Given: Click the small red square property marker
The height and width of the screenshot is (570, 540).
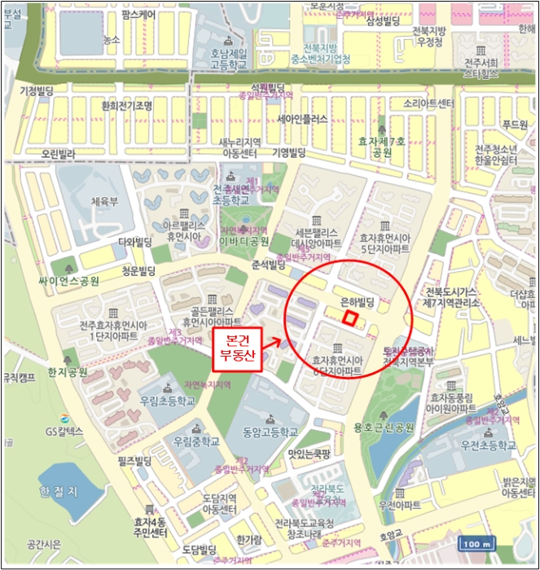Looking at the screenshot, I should tap(349, 319).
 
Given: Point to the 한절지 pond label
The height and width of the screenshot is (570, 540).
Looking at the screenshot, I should tap(59, 491).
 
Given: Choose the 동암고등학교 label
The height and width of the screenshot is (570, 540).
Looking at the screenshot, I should tap(270, 432).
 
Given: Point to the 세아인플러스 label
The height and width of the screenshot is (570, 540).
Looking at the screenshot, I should tap(301, 119).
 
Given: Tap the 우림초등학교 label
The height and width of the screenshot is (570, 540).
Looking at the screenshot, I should tap(167, 401).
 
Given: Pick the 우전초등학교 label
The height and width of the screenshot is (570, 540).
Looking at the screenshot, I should tap(487, 445).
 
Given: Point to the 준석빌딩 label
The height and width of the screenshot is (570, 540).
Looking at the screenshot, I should tap(269, 264).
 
